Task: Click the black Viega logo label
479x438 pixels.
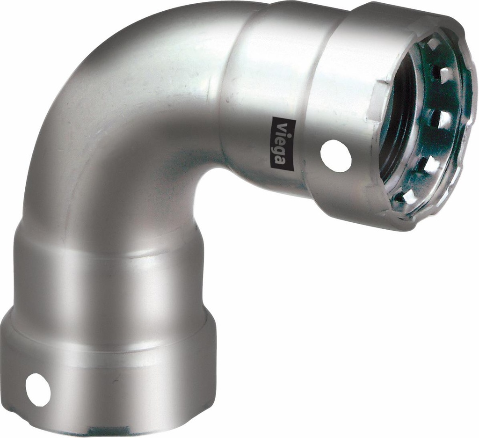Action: [x=282, y=142]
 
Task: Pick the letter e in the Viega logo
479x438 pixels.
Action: [x=282, y=139]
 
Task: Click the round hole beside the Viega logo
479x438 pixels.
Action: [x=335, y=155]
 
